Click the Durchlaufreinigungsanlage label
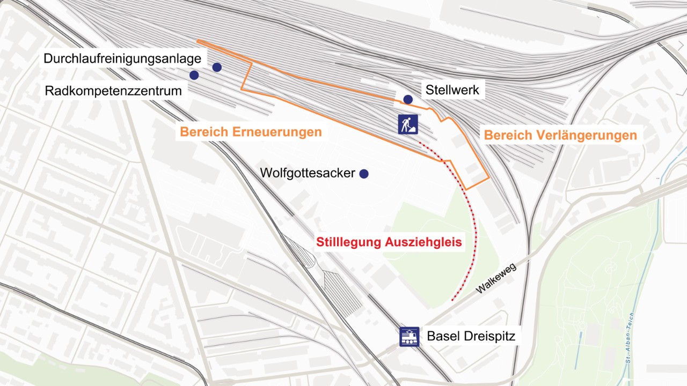coord(122,58)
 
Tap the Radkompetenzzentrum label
coord(113,91)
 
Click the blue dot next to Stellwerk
coord(408,99)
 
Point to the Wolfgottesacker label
coord(308,173)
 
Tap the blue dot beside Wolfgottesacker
coord(364,174)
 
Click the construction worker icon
coord(408,124)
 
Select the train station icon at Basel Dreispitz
coord(410,337)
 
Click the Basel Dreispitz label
coord(471,337)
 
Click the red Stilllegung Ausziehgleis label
coord(389,242)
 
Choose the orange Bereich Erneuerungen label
coord(251,132)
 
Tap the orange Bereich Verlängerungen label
coord(560,135)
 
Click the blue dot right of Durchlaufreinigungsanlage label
coord(217,67)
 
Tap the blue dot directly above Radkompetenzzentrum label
coord(194,75)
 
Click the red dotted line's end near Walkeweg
coord(452,300)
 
